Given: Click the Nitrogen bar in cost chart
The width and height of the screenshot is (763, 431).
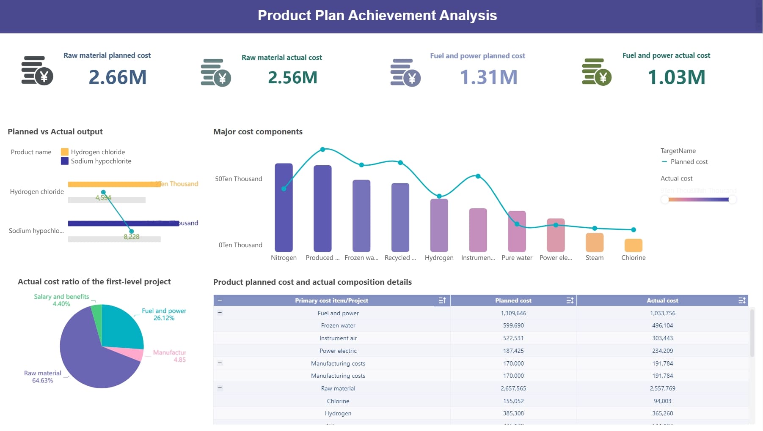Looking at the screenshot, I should click(284, 207).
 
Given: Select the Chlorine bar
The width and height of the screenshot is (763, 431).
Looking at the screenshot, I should click(633, 246).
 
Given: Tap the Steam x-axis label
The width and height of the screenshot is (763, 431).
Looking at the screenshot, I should click(594, 258).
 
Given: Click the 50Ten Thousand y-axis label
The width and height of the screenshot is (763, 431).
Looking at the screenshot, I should click(238, 179).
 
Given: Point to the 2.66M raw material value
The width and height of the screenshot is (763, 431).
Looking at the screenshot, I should click(118, 77).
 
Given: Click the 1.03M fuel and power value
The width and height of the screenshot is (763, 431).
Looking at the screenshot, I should click(676, 77).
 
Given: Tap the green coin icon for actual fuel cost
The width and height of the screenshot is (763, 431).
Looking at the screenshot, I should click(596, 72).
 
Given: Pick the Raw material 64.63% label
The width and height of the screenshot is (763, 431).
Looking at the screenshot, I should click(42, 376).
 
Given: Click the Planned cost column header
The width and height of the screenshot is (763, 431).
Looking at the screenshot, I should click(513, 300).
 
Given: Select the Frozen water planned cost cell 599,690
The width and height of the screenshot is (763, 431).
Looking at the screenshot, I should click(513, 325).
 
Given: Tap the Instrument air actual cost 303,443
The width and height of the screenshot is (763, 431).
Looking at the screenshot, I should click(662, 338).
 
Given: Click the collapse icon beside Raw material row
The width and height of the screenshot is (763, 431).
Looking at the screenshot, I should click(220, 388).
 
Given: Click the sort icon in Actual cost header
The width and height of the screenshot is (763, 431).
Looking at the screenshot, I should click(741, 300).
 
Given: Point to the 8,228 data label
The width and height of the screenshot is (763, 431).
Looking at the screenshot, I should click(131, 237).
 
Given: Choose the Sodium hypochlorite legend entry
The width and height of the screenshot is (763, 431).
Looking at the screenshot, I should click(101, 161).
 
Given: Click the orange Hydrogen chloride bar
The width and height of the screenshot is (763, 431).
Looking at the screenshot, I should click(110, 184).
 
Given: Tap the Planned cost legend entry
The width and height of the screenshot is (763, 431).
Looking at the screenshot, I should click(689, 162).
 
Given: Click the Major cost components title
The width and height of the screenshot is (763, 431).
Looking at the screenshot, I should click(258, 132).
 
